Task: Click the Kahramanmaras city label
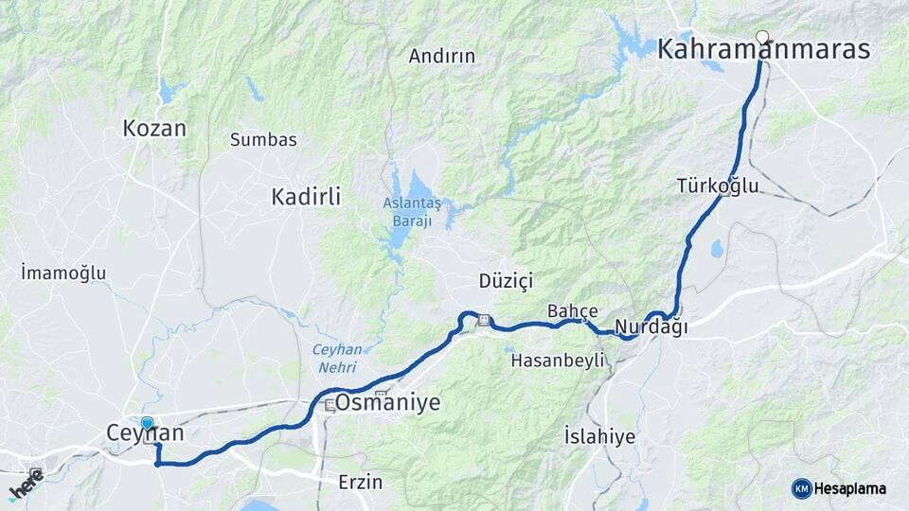(763, 51)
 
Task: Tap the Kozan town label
(154, 129)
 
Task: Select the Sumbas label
(263, 140)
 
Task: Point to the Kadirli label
(306, 197)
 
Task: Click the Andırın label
(442, 56)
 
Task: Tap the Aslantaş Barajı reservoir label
(412, 212)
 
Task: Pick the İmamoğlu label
(62, 273)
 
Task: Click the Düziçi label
(507, 281)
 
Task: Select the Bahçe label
(573, 310)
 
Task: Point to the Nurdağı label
(651, 328)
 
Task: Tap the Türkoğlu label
(718, 185)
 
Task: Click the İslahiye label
(599, 437)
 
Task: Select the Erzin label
(361, 482)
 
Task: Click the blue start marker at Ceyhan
(147, 425)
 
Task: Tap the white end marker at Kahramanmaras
(762, 37)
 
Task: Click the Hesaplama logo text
(849, 488)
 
